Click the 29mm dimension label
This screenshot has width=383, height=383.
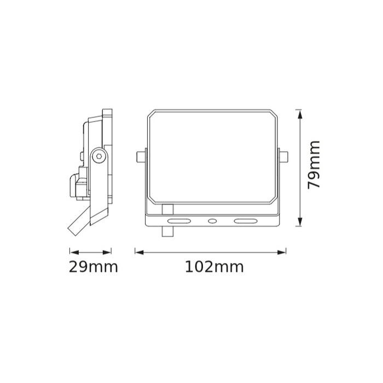94,267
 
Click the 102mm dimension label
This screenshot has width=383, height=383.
214,267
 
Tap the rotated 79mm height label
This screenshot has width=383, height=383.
314,165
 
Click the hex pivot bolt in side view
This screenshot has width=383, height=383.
98,156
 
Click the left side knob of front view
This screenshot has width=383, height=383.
141,156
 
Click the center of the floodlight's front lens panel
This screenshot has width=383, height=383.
212,156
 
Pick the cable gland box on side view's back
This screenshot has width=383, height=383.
76,185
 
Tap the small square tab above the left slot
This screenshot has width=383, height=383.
167,208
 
